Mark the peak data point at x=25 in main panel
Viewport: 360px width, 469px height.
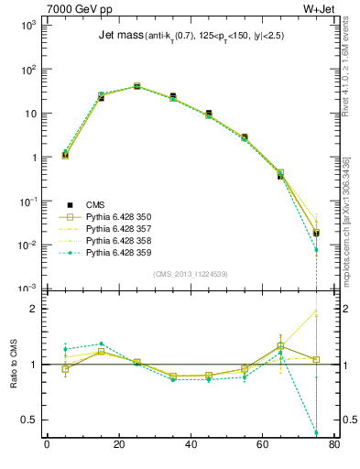point(136,86)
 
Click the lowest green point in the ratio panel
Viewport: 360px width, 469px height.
point(316,432)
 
